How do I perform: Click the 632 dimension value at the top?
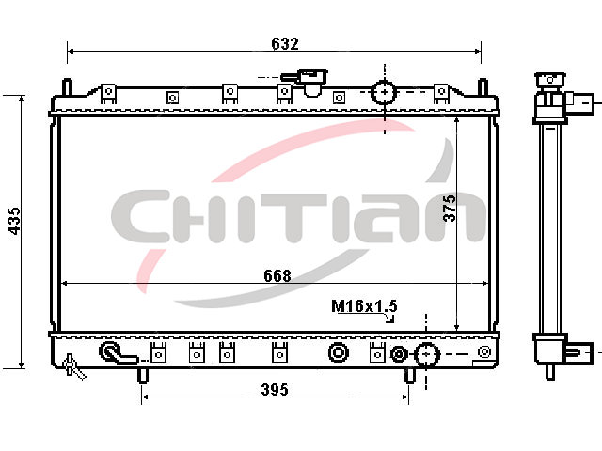[284, 44]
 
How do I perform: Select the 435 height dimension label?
[14, 221]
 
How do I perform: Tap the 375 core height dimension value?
[450, 209]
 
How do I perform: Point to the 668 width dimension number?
[277, 275]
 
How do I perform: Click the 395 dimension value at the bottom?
[275, 390]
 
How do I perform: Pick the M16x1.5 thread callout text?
[364, 306]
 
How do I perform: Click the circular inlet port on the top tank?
[384, 92]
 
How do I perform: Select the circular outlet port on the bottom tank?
[426, 355]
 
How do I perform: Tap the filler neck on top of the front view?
[308, 82]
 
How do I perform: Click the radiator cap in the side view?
[549, 80]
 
